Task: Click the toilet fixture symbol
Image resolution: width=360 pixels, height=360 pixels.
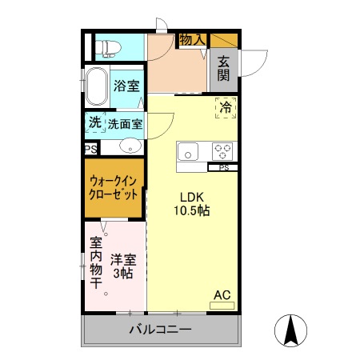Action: point(105,48)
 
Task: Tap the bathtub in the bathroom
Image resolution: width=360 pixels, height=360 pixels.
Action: point(97,86)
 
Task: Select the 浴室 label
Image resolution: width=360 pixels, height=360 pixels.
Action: point(126,86)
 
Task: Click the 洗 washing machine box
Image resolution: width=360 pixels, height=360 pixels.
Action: point(95,123)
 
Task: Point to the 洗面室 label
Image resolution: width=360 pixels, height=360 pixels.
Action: point(126,124)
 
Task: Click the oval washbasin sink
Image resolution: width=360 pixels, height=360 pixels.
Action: point(130,147)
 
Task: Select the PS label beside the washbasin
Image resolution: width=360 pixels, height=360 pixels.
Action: point(90,149)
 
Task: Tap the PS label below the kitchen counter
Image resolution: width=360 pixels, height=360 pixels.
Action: point(224,167)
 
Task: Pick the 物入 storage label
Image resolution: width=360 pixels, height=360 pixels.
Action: point(192,39)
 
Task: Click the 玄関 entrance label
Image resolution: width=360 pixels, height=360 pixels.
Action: point(222,68)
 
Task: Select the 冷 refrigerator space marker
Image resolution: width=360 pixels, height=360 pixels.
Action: point(226,107)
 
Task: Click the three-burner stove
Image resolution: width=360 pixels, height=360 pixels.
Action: point(222,150)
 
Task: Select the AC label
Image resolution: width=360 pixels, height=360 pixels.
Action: point(222,295)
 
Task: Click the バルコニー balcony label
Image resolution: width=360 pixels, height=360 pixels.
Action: point(160,330)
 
